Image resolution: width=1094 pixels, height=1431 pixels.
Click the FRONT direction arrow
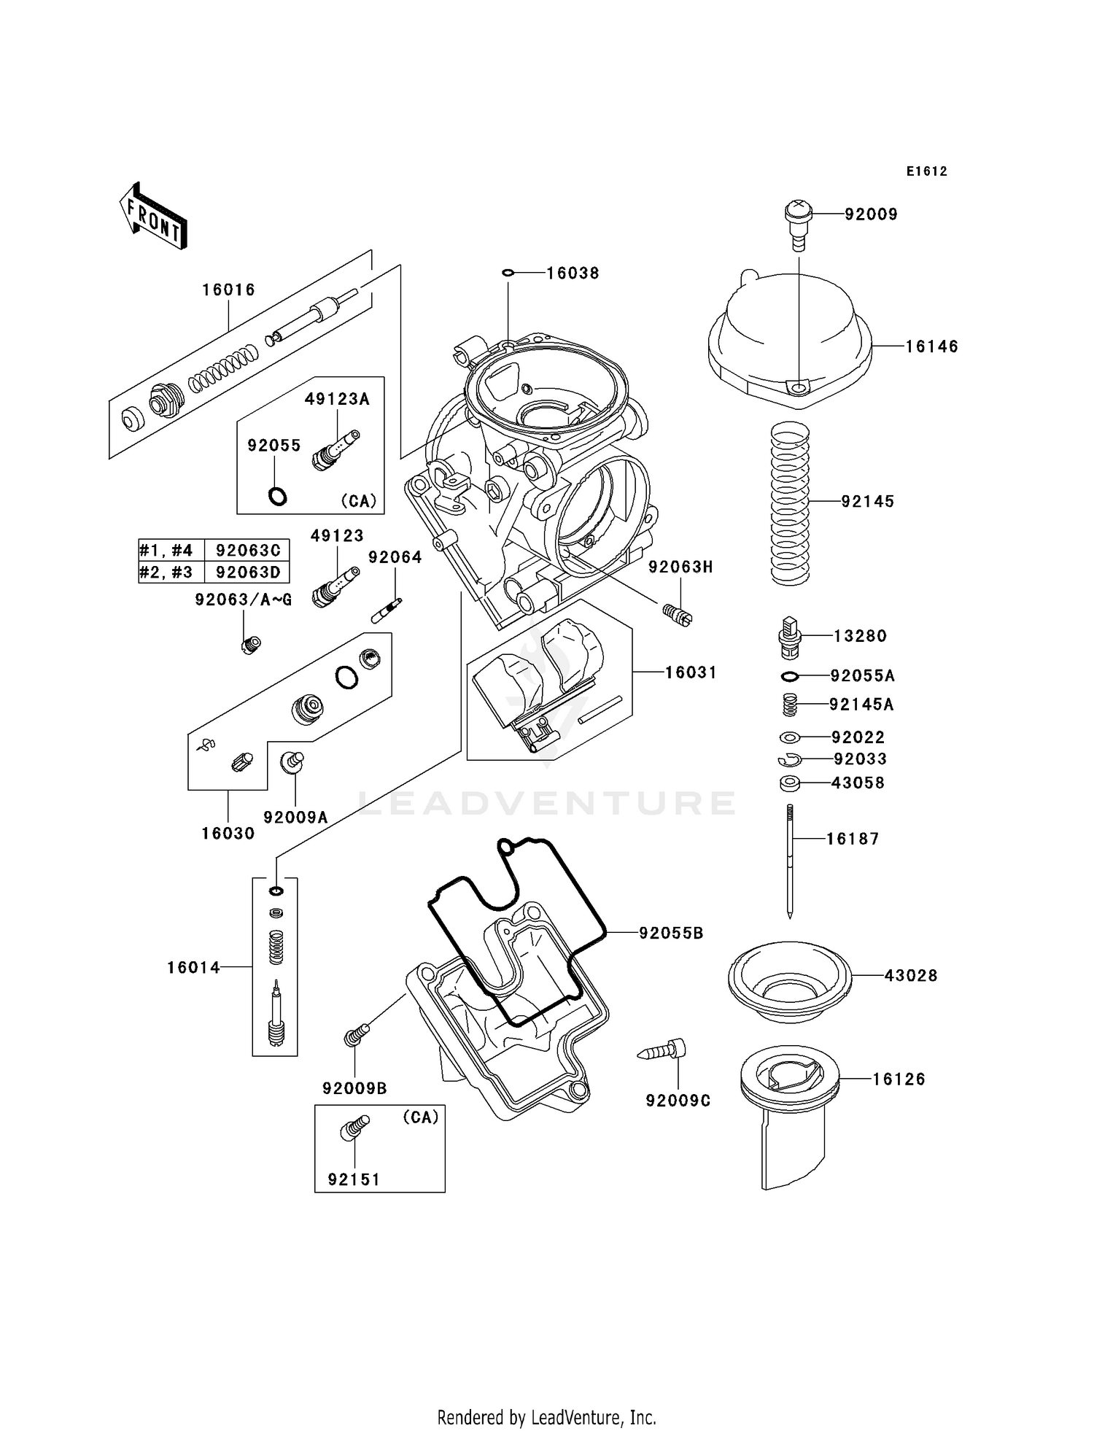pos(154,217)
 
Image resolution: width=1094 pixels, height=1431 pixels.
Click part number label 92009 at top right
pos(871,214)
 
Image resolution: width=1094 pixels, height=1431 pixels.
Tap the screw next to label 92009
pos(797,222)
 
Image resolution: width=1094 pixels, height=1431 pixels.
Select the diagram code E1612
pos(926,171)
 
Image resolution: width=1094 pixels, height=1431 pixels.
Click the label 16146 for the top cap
pos(931,347)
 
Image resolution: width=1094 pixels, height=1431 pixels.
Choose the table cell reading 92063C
pos(248,550)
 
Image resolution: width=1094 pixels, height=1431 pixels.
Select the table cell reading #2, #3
pos(166,572)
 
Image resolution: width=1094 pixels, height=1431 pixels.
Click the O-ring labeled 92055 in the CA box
pos(277,497)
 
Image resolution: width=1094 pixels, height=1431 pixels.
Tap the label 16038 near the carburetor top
pos(573,273)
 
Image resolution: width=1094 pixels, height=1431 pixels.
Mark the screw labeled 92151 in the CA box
pos(354,1128)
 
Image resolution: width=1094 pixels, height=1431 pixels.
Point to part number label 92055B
pos(671,933)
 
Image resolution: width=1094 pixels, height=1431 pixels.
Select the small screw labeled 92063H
pos(678,614)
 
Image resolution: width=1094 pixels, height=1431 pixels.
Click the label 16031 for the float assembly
pos(690,672)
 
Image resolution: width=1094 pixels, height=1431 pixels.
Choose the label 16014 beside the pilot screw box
pos(193,968)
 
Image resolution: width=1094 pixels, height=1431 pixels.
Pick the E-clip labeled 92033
pos(788,760)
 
